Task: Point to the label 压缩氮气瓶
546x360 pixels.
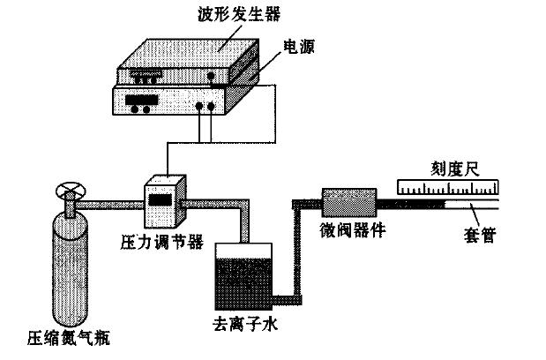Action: coord(68,338)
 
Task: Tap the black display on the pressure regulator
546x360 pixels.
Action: coord(160,200)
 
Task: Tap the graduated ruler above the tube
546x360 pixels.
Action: coord(449,186)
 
